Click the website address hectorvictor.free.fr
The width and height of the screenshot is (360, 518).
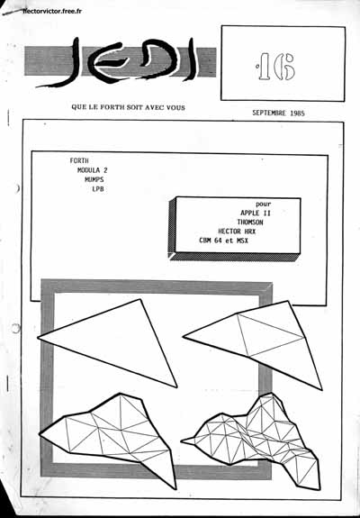(52, 11)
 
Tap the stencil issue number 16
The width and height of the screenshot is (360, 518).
(276, 67)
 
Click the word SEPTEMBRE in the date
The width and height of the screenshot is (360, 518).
(269, 113)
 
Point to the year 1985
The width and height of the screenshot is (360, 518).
(298, 113)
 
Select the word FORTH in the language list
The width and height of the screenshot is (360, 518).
(79, 161)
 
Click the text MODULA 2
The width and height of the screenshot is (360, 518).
(93, 170)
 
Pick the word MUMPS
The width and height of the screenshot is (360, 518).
(94, 179)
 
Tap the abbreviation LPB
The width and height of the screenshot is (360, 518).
(98, 189)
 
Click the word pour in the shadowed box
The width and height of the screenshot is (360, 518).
(264, 204)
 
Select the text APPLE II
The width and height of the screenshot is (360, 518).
(256, 214)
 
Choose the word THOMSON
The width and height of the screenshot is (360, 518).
(250, 222)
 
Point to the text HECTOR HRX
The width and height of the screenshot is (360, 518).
(238, 232)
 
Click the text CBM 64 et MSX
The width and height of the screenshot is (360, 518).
(224, 241)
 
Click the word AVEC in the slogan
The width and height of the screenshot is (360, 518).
(152, 107)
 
